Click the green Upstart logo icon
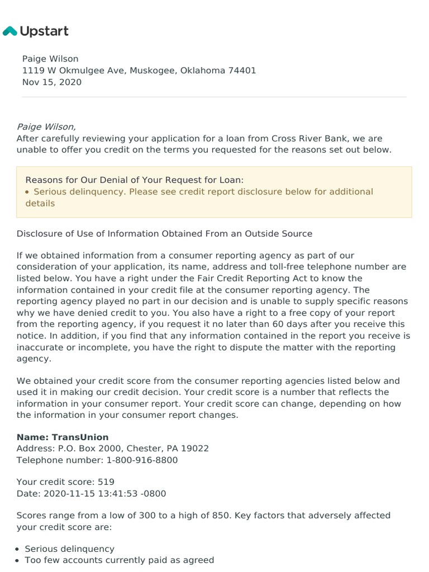[10, 31]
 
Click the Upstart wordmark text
[44, 31]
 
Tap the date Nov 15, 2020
[52, 82]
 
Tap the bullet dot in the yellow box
[28, 192]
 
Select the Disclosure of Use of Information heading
[164, 233]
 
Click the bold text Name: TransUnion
[63, 437]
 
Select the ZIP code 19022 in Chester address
[197, 449]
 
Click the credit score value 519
[106, 482]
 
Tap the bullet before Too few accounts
[20, 560]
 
